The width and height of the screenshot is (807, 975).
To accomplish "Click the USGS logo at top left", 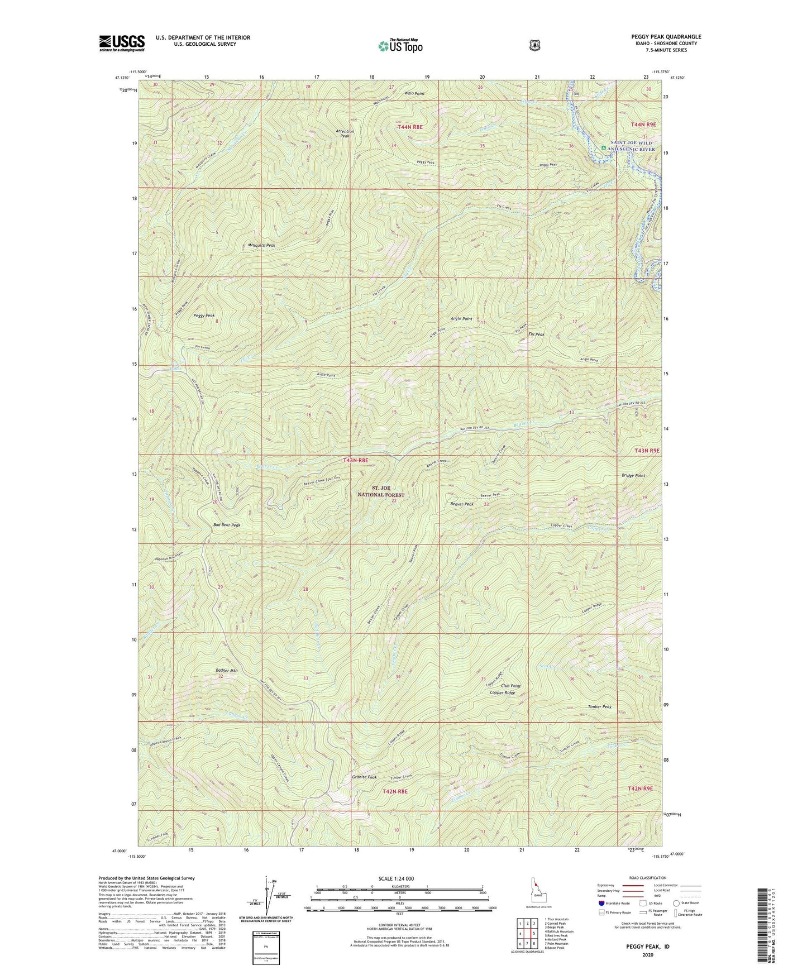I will tap(122, 43).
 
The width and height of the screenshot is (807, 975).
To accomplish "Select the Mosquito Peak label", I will tap(261, 245).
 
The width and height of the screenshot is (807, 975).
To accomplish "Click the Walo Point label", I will tap(414, 94).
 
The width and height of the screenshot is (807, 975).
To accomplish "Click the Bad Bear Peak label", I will tap(226, 525).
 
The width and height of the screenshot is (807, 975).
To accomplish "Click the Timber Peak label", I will tap(599, 706).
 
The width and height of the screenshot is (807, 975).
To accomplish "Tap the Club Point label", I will tap(510, 686).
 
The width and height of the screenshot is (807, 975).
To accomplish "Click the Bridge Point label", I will tap(633, 476).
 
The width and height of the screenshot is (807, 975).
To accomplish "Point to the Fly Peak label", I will tap(536, 334).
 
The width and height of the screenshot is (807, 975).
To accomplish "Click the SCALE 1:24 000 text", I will tap(396, 879).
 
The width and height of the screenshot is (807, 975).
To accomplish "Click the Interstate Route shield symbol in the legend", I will tap(601, 902).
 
